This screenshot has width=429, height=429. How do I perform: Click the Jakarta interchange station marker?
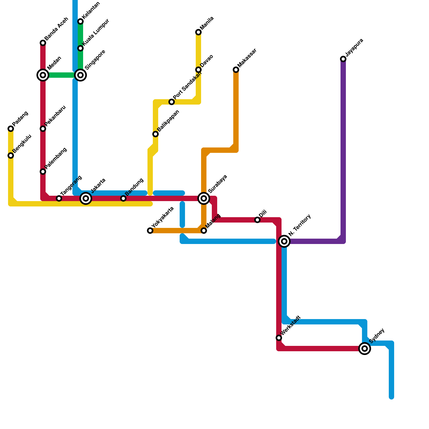point(86,198)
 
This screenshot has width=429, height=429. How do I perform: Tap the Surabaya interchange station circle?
point(204,198)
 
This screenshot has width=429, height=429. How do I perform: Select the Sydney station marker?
point(365,349)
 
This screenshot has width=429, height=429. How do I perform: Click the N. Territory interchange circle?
point(284,241)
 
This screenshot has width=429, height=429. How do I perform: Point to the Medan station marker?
point(43,75)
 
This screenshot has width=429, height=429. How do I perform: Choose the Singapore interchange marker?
point(80,75)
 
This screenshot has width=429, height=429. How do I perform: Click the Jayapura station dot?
point(343,59)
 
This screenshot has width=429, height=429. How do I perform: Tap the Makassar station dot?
point(236,70)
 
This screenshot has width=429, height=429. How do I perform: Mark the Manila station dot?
point(198,32)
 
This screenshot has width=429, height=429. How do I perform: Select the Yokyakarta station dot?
point(150,231)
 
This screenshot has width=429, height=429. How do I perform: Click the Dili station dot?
point(257,220)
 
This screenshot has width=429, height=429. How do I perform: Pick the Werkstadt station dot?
point(279,338)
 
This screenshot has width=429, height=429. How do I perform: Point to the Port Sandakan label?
point(187,85)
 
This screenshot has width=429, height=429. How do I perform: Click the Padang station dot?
point(11,129)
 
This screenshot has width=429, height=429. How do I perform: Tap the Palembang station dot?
point(43,172)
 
